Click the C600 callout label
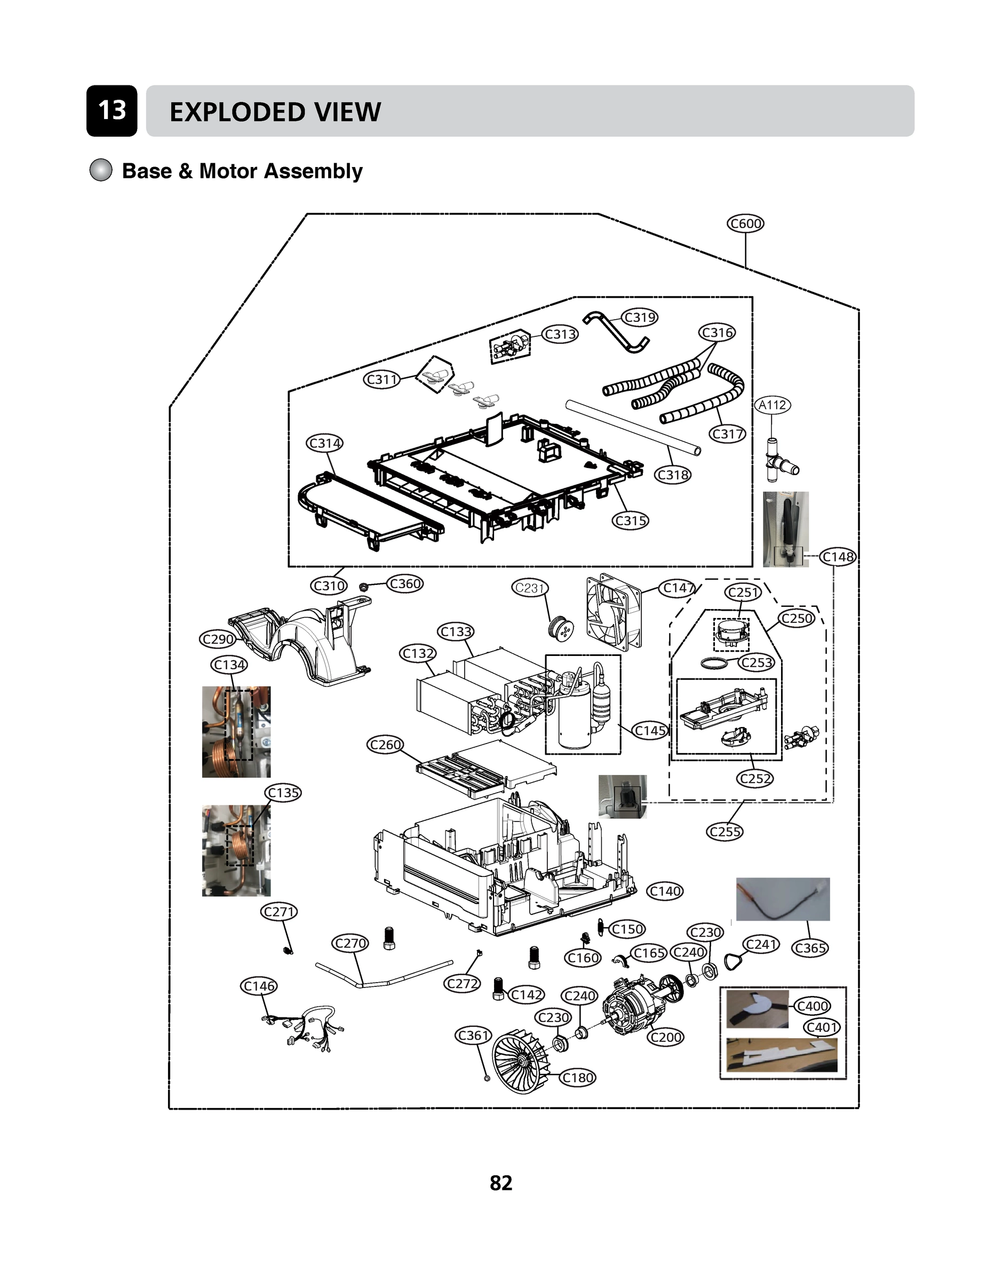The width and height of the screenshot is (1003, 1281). point(745,223)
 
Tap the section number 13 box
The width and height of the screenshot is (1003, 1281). point(112,110)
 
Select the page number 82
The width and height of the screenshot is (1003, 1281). point(501,1182)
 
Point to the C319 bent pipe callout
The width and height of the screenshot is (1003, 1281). point(640,317)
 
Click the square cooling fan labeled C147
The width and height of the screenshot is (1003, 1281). point(614,612)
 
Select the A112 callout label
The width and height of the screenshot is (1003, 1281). point(772,405)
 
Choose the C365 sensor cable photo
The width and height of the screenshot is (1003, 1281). point(783,899)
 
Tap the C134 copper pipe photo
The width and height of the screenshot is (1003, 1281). point(236,731)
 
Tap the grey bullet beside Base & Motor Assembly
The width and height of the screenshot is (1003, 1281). point(100,170)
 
